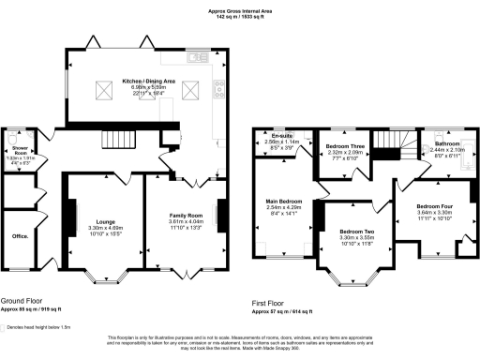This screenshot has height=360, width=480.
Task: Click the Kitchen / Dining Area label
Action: pyautogui.click(x=145, y=81)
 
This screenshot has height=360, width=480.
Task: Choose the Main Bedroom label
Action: pyautogui.click(x=283, y=201)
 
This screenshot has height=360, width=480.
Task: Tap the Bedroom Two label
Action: pyautogui.click(x=357, y=231)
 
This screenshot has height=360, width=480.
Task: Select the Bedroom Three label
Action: pyautogui.click(x=345, y=147)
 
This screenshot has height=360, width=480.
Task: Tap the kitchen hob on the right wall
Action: pyautogui.click(x=220, y=91)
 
